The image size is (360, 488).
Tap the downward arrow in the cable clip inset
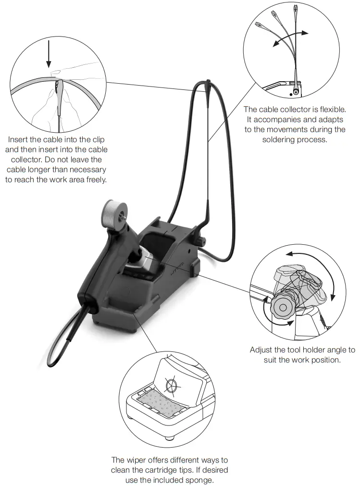pos(49,55)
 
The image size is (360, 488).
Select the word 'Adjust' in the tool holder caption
pos(261,350)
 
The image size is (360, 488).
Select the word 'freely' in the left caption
pos(94,180)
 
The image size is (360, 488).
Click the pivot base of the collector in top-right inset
pos(295,89)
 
